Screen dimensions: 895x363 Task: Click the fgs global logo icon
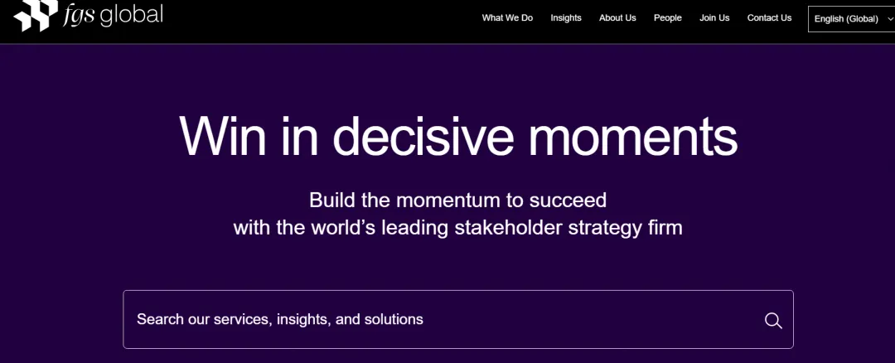pyautogui.click(x=36, y=15)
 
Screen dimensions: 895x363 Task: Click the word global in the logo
pyautogui.click(x=131, y=15)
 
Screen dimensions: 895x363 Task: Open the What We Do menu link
pyautogui.click(x=507, y=18)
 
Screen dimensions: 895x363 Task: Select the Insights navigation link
pyautogui.click(x=566, y=18)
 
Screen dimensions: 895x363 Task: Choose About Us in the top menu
pyautogui.click(x=617, y=18)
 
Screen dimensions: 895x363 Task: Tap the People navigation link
pyautogui.click(x=668, y=18)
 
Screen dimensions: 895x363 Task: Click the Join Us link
pyautogui.click(x=714, y=18)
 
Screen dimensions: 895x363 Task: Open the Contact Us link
pyautogui.click(x=769, y=18)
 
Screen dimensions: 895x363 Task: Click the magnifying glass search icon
pyautogui.click(x=773, y=320)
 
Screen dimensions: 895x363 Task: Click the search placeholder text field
pyautogui.click(x=280, y=319)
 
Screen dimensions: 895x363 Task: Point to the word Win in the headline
pyautogui.click(x=223, y=136)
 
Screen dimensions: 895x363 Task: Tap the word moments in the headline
pyautogui.click(x=634, y=137)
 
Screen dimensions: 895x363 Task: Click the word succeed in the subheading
pyautogui.click(x=568, y=201)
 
